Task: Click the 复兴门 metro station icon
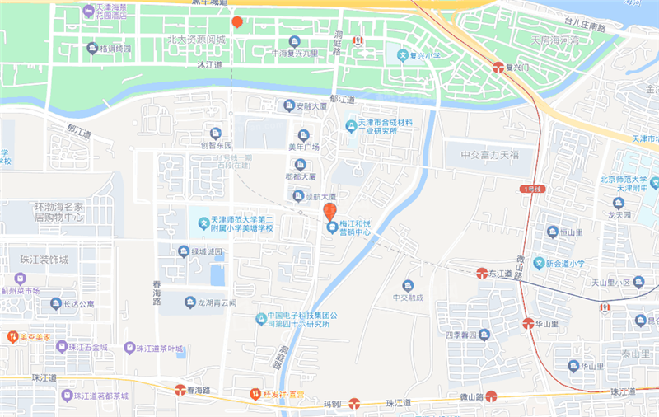point(499,67)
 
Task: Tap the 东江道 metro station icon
point(483,273)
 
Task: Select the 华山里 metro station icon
point(528,323)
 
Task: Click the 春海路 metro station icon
point(180,389)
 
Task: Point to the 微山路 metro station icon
point(491,396)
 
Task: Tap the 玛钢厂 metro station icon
point(354,403)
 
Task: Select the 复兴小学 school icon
point(403,56)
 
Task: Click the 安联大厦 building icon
point(288,105)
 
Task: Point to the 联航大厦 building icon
point(298,196)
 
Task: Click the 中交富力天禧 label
point(489,154)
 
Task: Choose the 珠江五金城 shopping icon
point(61,346)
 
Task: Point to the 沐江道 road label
point(210,63)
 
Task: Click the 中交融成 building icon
point(407,285)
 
